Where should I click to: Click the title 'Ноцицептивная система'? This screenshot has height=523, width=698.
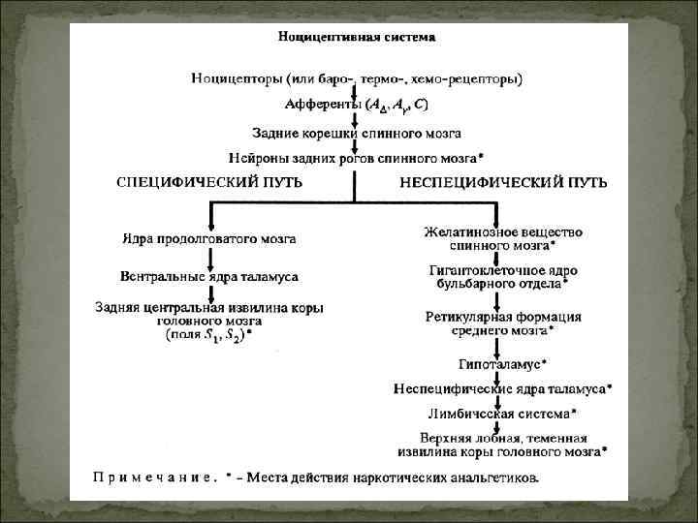click(x=356, y=38)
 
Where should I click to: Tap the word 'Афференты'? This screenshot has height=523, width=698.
click(x=321, y=105)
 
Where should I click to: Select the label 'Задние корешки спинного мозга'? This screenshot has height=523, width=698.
click(x=356, y=133)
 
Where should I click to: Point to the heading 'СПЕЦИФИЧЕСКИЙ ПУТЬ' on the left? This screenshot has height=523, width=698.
click(x=209, y=182)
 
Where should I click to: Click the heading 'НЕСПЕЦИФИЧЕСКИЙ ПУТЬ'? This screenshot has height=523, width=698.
click(x=504, y=182)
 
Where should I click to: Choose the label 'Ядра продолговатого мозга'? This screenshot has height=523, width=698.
click(x=209, y=238)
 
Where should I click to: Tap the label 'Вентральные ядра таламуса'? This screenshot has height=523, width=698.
click(x=209, y=277)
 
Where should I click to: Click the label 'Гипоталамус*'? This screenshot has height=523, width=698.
click(x=502, y=364)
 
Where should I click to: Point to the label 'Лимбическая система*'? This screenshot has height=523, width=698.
click(x=502, y=414)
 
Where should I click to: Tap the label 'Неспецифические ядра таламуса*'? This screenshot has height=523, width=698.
click(x=502, y=389)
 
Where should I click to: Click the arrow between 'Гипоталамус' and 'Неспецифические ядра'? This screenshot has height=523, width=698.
click(x=498, y=377)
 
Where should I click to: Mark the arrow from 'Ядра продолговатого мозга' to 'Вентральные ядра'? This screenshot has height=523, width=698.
click(x=209, y=258)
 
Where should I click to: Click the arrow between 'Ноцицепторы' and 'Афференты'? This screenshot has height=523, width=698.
click(x=355, y=91)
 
